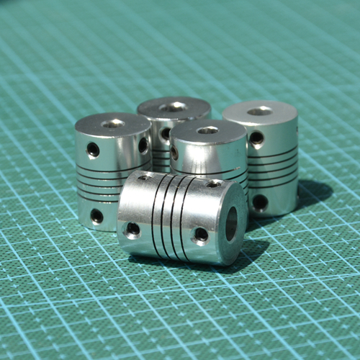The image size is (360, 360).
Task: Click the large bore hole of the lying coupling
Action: tap(232, 224)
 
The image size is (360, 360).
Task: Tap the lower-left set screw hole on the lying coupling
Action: tap(132, 230)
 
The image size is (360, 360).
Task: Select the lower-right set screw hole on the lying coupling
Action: tap(201, 235)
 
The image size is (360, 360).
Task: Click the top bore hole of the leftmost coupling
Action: tap(113, 123)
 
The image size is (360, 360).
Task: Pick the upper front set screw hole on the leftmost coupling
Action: tap(93, 149)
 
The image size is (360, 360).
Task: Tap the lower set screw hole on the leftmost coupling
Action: tap(96, 215)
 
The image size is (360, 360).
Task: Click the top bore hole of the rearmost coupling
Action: tap(173, 107)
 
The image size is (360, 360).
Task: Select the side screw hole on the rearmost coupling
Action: tap(166, 133)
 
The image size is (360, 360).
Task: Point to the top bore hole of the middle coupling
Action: tap(207, 130)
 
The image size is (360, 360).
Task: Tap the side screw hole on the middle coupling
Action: tap(174, 153)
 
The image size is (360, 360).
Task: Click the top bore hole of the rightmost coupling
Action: tap(259, 111)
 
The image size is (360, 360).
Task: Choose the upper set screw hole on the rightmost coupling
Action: tap(256, 137)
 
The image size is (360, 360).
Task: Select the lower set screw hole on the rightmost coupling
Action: tap(260, 202)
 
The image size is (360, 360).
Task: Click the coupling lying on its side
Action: tap(180, 216)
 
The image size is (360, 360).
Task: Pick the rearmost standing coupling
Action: tap(174, 119)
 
